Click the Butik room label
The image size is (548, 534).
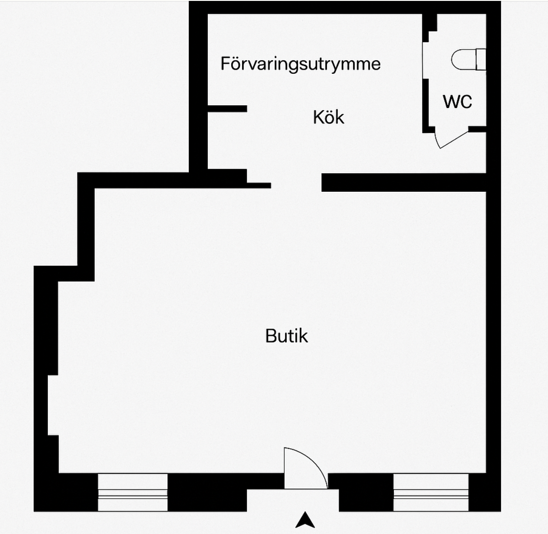pyautogui.click(x=286, y=336)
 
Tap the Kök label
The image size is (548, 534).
pyautogui.click(x=329, y=117)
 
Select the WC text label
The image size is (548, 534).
pyautogui.click(x=457, y=102)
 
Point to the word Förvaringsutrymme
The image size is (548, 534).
pyautogui.click(x=300, y=64)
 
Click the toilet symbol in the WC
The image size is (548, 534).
pyautogui.click(x=469, y=59)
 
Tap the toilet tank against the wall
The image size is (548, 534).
pyautogui.click(x=481, y=59)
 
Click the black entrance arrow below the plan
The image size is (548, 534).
pyautogui.click(x=305, y=520)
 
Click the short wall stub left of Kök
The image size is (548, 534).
pyautogui.click(x=227, y=108)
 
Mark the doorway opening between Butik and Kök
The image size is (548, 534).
pyautogui.click(x=296, y=182)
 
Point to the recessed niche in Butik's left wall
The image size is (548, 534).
pyautogui.click(x=53, y=405)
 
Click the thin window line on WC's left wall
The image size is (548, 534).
pyautogui.click(x=423, y=60)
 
